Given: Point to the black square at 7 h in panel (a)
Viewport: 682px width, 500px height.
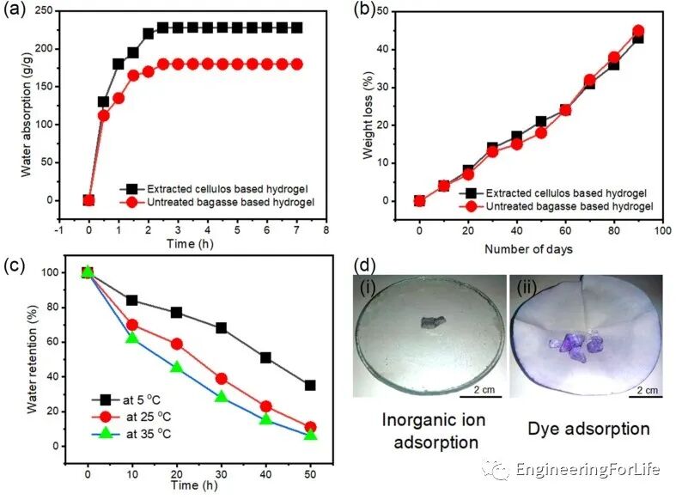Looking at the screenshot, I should [296, 27].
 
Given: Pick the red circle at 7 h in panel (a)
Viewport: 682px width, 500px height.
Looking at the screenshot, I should [296, 64].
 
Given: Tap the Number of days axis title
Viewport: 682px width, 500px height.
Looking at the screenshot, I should [527, 250].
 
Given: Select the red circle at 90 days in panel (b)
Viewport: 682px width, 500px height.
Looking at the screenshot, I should [638, 31].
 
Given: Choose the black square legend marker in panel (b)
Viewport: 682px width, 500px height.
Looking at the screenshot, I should [467, 192].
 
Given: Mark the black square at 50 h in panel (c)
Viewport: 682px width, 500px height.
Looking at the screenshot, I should [310, 385].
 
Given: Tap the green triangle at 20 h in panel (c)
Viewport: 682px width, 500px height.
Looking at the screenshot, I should [176, 368].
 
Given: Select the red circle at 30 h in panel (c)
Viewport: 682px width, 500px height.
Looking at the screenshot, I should [221, 378].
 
